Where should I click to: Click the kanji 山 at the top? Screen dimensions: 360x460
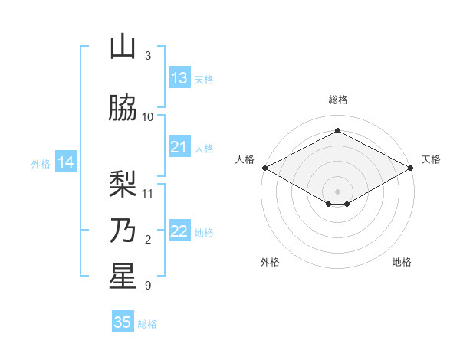[x=123, y=48]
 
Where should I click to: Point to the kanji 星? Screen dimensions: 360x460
[x=123, y=277]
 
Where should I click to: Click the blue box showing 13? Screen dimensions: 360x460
[x=179, y=78]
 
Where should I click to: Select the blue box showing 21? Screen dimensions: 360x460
[x=179, y=147]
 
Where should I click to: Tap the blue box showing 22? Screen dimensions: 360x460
[x=179, y=231]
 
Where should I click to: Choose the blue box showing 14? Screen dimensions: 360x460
[x=65, y=162]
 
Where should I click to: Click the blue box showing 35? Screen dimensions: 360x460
[x=123, y=322]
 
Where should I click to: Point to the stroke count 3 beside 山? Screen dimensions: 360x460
[x=148, y=56]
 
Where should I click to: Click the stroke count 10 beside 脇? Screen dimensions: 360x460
[x=148, y=116]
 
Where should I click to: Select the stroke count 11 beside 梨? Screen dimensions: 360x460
[x=148, y=193]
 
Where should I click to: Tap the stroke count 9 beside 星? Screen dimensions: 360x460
[x=148, y=286]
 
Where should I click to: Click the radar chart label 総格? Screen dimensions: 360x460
[x=337, y=100]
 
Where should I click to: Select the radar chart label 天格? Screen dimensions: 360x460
[x=431, y=159]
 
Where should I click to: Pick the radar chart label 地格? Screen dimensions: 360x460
[x=402, y=262]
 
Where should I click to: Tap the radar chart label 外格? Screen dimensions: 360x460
[x=270, y=262]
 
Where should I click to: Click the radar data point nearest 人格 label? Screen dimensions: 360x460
[x=264, y=168]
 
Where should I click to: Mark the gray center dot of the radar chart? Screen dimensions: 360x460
[x=337, y=190]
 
